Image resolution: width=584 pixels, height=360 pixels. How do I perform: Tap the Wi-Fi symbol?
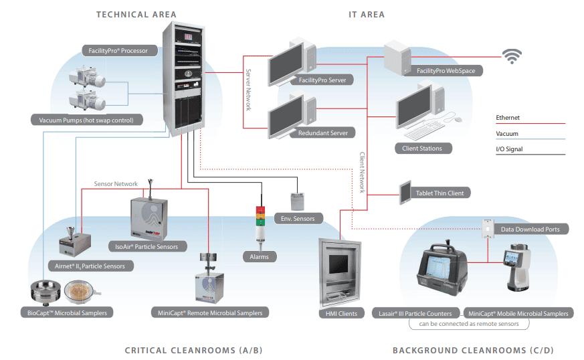point(512,58)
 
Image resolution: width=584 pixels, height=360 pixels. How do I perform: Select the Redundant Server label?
point(322,133)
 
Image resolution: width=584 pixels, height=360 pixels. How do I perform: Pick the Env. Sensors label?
point(298,218)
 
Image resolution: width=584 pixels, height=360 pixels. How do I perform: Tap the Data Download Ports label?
point(530,229)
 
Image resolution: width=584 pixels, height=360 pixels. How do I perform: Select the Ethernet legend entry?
point(508,118)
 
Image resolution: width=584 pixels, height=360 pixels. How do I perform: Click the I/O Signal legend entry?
point(509,149)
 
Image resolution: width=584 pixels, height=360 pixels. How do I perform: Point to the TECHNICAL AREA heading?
point(136,14)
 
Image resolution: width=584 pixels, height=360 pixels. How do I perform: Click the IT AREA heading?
point(367,14)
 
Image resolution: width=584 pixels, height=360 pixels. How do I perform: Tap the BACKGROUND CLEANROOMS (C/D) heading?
point(473,351)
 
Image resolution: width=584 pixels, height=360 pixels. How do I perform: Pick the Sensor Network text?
point(116,183)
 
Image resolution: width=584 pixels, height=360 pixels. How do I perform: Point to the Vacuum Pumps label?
point(86,120)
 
